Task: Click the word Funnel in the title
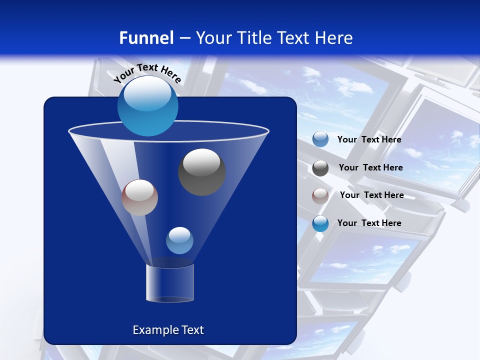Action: [x=146, y=38]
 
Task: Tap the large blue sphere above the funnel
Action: [x=147, y=105]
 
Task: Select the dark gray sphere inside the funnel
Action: [x=201, y=172]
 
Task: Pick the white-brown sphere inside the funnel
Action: [x=139, y=197]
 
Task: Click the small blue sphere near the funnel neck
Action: [x=179, y=240]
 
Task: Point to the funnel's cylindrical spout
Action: [x=170, y=283]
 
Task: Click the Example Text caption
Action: [x=168, y=330]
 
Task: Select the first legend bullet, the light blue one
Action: [x=320, y=139]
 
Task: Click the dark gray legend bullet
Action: [x=320, y=167]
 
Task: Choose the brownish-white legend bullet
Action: [x=320, y=195]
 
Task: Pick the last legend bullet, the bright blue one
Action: [x=320, y=223]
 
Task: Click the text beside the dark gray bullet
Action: [x=370, y=167]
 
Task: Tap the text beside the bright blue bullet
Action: [x=369, y=223]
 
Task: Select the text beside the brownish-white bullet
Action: [x=371, y=195]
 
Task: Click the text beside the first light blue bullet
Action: [x=369, y=139]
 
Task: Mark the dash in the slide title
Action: [x=184, y=38]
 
